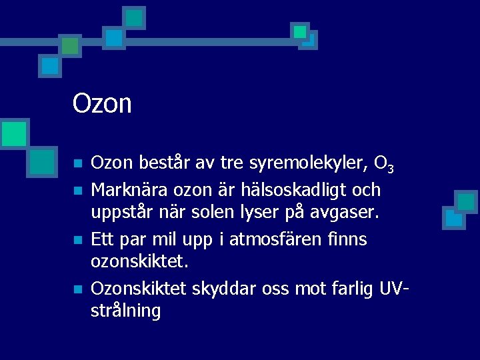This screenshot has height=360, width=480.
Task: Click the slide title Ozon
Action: [x=102, y=103]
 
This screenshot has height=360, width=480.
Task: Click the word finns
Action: [x=347, y=239]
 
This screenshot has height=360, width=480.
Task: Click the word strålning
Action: [x=125, y=311]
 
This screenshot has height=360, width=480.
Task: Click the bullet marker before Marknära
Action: [x=77, y=191]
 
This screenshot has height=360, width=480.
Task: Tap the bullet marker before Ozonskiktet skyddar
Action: [x=77, y=289]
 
